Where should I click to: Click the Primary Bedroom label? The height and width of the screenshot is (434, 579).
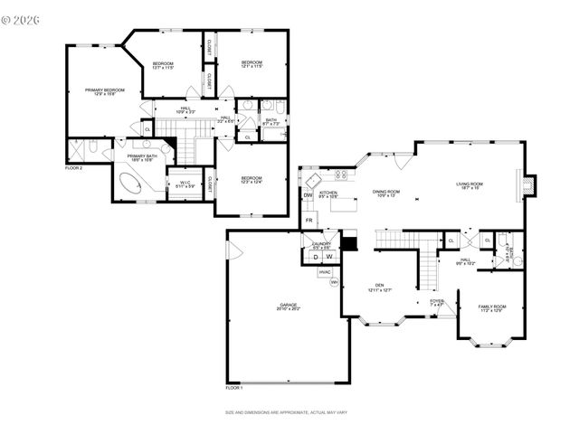[105, 91]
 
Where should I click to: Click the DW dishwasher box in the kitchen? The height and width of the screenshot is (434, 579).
[308, 195]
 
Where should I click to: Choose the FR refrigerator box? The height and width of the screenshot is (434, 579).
[308, 221]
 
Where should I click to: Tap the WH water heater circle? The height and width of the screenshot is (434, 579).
[334, 282]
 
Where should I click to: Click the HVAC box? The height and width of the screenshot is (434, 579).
[325, 271]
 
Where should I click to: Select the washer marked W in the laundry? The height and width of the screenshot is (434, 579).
[328, 257]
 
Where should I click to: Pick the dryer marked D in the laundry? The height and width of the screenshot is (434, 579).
[316, 257]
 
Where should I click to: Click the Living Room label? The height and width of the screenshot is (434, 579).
[470, 186]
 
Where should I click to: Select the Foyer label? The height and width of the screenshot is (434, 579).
[437, 303]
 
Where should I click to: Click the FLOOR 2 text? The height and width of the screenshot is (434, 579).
[73, 169]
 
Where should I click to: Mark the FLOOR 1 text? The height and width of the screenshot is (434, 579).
[234, 388]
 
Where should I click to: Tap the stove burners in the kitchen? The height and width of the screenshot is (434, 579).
[342, 175]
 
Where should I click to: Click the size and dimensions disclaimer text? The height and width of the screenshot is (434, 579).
[289, 412]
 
